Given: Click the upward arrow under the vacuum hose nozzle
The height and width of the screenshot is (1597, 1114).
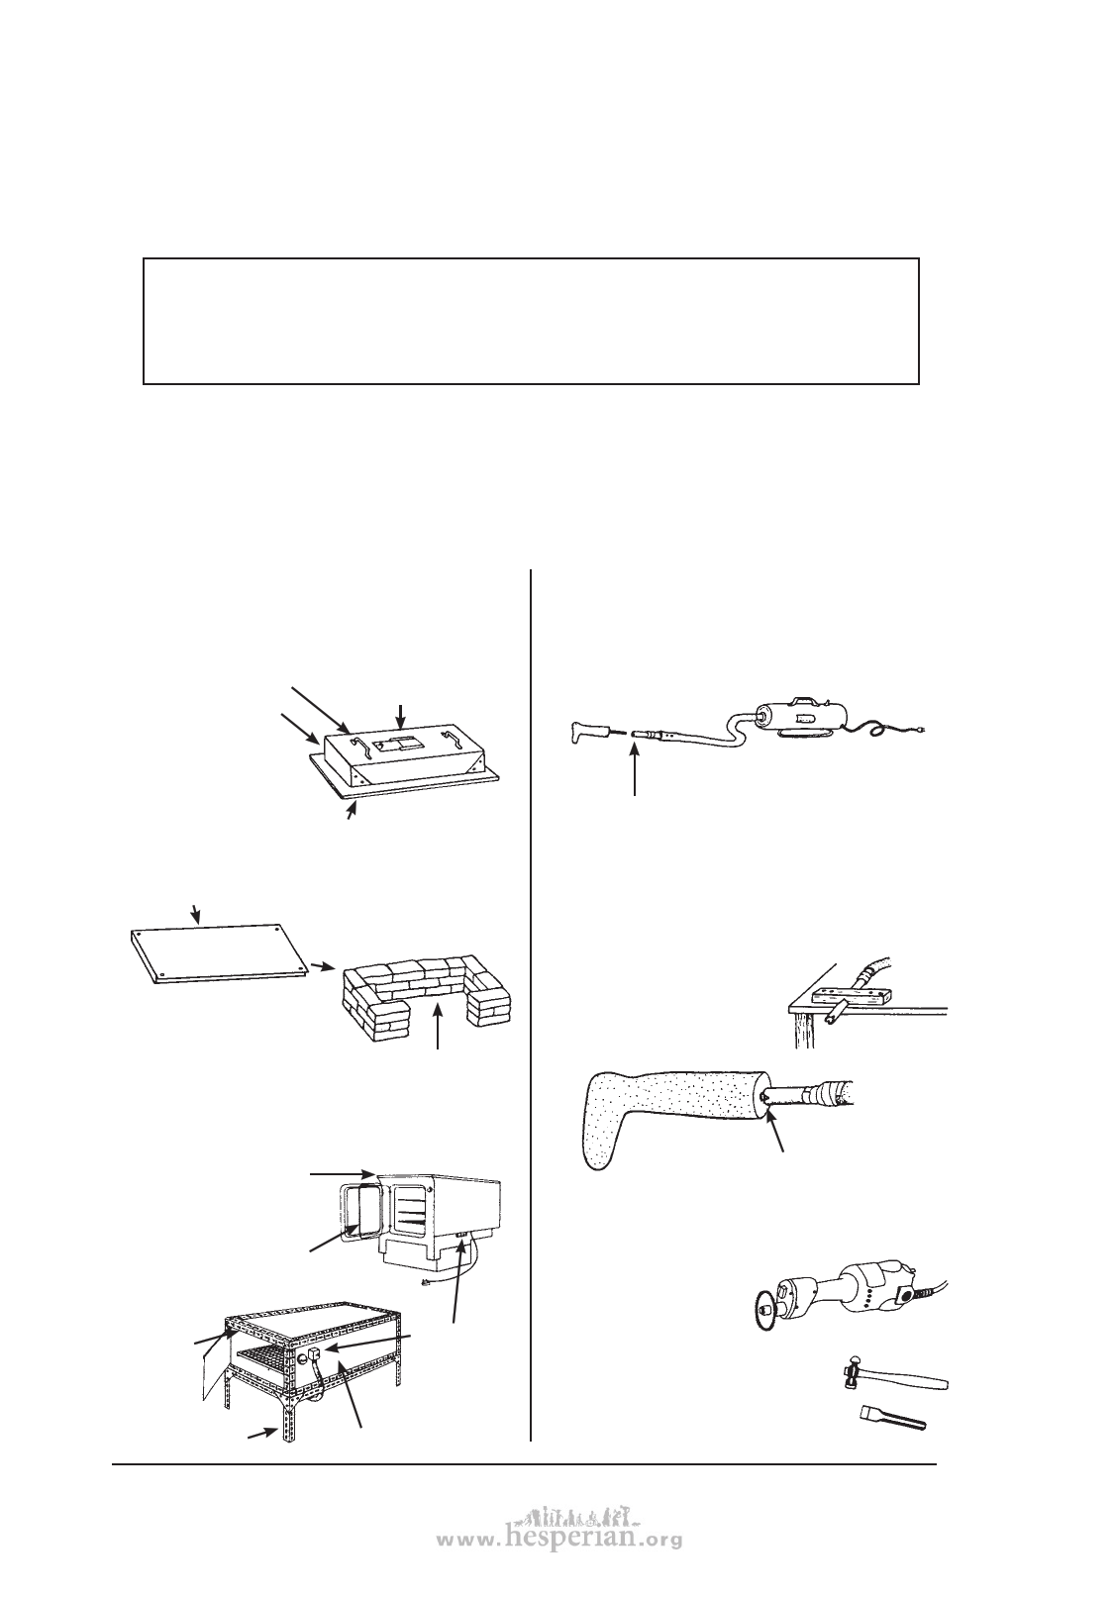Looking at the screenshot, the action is pos(634,767).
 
